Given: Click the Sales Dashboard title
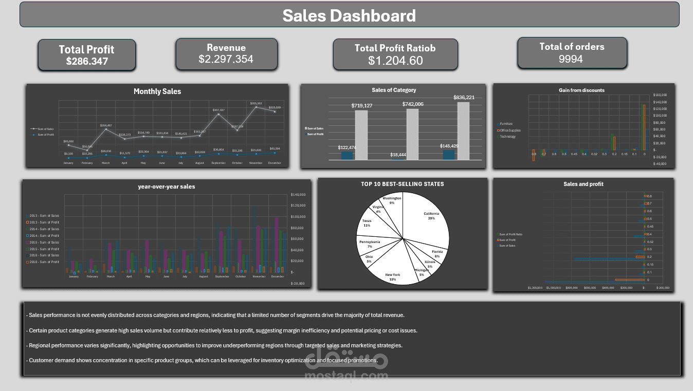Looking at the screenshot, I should pyautogui.click(x=349, y=15).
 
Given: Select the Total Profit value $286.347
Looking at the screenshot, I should pyautogui.click(x=87, y=61).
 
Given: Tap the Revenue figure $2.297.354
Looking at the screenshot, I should pyautogui.click(x=226, y=59).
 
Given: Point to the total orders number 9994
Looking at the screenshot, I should pyautogui.click(x=571, y=59).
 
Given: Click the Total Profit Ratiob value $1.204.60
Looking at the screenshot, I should pyautogui.click(x=395, y=61).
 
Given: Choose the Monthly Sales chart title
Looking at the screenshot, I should pyautogui.click(x=157, y=91).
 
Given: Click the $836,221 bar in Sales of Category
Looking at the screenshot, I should pyautogui.click(x=463, y=131).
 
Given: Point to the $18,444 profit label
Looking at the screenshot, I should pyautogui.click(x=397, y=155).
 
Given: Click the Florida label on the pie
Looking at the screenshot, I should pyautogui.click(x=436, y=252).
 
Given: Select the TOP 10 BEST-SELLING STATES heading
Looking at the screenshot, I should pyautogui.click(x=402, y=184).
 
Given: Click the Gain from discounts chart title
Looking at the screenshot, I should pyautogui.click(x=581, y=90).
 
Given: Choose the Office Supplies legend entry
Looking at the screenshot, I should pyautogui.click(x=510, y=130).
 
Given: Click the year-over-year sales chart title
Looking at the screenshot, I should pyautogui.click(x=167, y=187).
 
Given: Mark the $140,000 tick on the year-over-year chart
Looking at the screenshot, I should pyautogui.click(x=298, y=195).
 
